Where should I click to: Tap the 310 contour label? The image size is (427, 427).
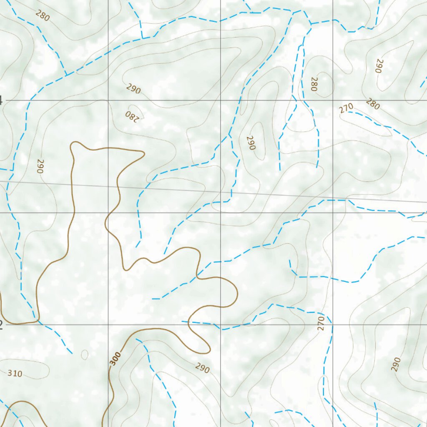[x=15, y=373]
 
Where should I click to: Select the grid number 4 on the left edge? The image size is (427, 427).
[x=1, y=100]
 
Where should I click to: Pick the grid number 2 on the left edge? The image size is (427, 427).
[x=1, y=325]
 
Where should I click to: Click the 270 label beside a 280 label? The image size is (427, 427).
[x=346, y=108]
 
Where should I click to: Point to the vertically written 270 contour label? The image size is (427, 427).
[x=321, y=324]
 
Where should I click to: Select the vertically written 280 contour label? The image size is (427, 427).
[x=314, y=84]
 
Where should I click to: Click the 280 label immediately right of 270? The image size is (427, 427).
[x=373, y=104]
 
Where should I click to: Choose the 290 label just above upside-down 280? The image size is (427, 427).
[x=134, y=89]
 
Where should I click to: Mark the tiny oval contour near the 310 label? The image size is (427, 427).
[x=85, y=354]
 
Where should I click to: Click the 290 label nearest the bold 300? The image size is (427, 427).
[x=202, y=367]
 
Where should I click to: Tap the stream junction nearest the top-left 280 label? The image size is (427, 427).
[x=66, y=75]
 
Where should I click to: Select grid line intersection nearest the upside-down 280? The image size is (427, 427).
[x=109, y=100]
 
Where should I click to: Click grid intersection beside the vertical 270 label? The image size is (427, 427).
[x=333, y=325]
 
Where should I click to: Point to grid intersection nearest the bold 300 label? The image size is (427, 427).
[x=109, y=325]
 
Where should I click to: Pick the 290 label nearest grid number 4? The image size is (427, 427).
[x=40, y=166]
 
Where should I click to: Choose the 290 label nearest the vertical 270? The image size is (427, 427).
[x=396, y=364]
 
